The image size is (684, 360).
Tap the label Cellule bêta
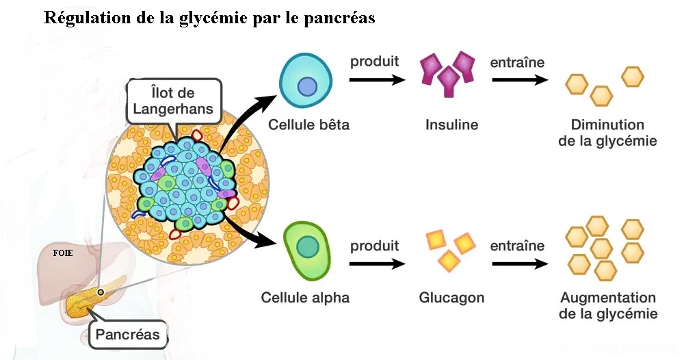pyautogui.click(x=308, y=125)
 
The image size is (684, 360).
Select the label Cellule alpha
pyautogui.click(x=305, y=298)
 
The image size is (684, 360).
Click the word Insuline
pyautogui.click(x=451, y=125)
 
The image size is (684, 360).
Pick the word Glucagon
pyautogui.click(x=451, y=298)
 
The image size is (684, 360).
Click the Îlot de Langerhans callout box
pyautogui.click(x=174, y=101)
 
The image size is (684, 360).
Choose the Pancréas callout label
pyautogui.click(x=128, y=335)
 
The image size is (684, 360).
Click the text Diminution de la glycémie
pyautogui.click(x=607, y=133)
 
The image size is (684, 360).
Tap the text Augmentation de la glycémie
pyautogui.click(x=608, y=306)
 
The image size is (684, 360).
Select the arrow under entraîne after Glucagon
pyautogui.click(x=518, y=262)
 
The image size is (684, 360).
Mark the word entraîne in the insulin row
pyautogui.click(x=517, y=62)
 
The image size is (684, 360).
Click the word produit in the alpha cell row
pyautogui.click(x=375, y=245)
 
